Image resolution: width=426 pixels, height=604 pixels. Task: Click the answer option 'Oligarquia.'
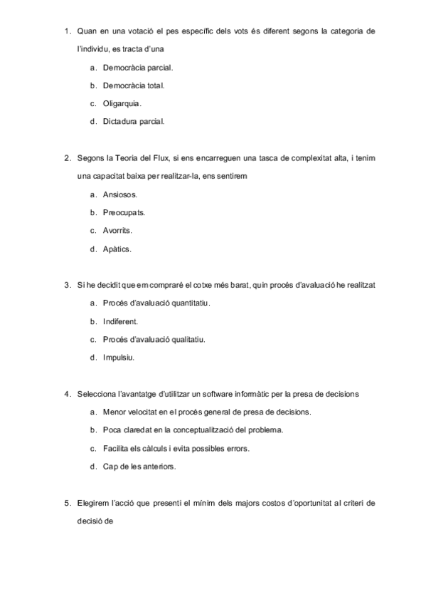tap(122, 103)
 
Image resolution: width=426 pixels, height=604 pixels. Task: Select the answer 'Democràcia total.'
tap(134, 85)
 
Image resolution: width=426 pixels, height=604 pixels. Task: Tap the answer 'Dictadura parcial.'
tap(134, 121)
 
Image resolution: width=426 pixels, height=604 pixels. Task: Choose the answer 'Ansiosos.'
tap(120, 194)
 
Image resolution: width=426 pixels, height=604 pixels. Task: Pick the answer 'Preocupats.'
tap(124, 212)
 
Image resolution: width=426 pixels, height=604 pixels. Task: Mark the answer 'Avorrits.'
tap(117, 230)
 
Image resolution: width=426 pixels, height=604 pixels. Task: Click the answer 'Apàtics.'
tap(117, 249)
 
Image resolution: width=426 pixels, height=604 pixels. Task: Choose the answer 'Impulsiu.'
tap(119, 357)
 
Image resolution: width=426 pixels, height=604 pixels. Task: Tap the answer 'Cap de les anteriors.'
tap(139, 467)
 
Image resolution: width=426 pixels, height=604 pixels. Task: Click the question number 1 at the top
tap(67, 31)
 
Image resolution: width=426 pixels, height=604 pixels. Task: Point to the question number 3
tap(67, 286)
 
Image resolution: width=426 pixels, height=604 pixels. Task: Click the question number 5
tap(67, 503)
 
